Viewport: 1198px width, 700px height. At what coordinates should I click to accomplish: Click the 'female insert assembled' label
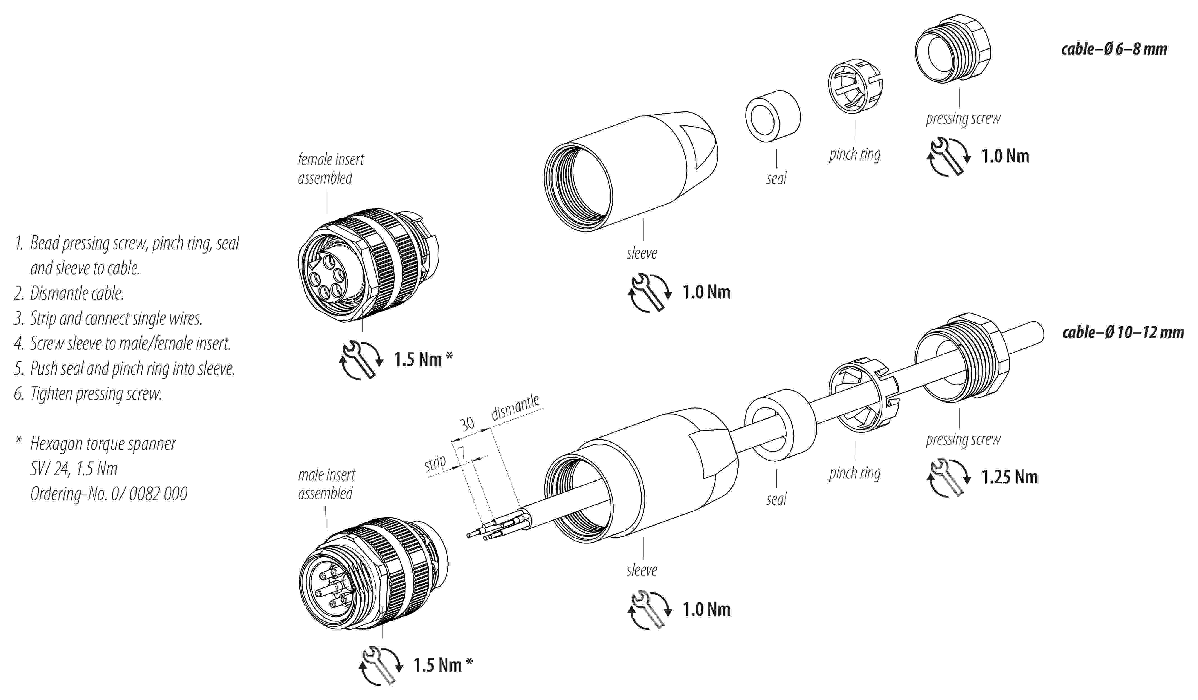(x=330, y=168)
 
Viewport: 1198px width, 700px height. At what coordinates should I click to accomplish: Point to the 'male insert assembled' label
(x=326, y=484)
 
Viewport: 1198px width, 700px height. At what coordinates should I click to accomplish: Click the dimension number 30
(x=467, y=423)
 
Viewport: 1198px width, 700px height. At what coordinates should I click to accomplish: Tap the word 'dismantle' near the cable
(x=515, y=407)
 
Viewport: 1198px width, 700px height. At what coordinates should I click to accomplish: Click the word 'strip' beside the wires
(x=435, y=462)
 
